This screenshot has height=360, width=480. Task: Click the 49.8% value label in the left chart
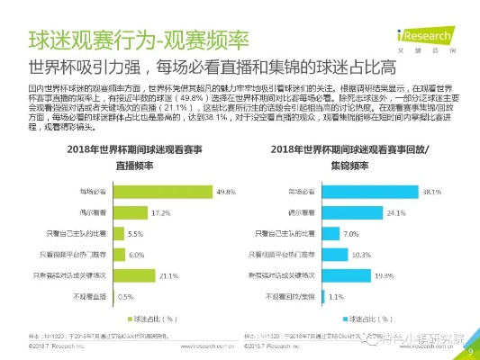pos(225,191)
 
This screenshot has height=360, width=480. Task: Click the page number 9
pos(468,353)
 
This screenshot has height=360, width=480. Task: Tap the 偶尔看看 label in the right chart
pos(303,211)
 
